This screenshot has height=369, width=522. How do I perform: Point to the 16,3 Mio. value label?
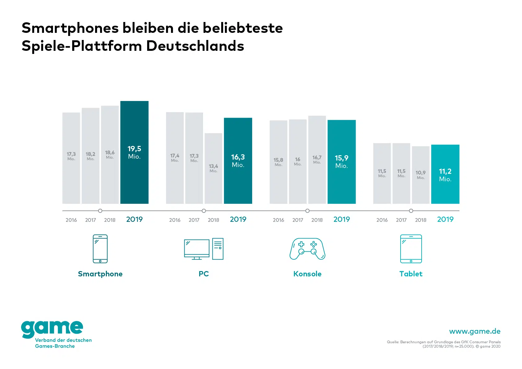(x=238, y=161)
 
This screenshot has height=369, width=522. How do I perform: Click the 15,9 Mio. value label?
(x=341, y=162)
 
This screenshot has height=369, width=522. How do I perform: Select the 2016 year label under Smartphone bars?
(x=71, y=220)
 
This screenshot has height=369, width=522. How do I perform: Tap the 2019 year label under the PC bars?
(x=238, y=219)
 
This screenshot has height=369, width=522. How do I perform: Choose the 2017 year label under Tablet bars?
(x=401, y=220)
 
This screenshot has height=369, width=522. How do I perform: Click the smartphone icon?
(x=100, y=248)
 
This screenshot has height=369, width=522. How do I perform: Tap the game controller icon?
(x=307, y=248)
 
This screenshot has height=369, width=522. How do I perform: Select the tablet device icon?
(x=411, y=248)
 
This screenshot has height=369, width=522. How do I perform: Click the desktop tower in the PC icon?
(x=218, y=248)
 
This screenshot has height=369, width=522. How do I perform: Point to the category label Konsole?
(x=307, y=274)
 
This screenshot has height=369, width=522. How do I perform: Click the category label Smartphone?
(x=100, y=274)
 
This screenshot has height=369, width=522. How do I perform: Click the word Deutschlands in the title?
(x=195, y=46)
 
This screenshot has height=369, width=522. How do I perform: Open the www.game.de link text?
(x=475, y=331)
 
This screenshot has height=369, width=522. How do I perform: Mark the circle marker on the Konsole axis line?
(x=307, y=211)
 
